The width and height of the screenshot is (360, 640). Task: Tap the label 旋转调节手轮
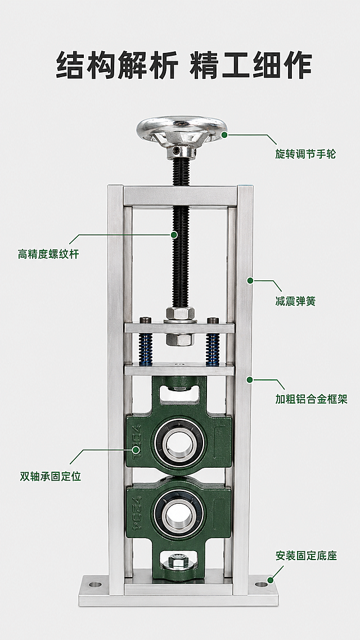click(x=305, y=154)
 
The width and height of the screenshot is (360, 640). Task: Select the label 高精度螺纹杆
click(x=48, y=254)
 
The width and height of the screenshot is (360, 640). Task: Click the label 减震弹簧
click(x=295, y=301)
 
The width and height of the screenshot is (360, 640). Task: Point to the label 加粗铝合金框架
click(x=311, y=399)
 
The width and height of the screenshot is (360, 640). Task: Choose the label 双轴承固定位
click(x=51, y=476)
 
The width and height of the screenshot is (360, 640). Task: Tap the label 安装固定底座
click(x=306, y=556)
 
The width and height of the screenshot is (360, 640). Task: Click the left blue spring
click(x=146, y=348)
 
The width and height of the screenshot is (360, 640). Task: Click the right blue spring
click(x=213, y=348)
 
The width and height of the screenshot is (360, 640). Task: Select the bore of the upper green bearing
click(x=179, y=443)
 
